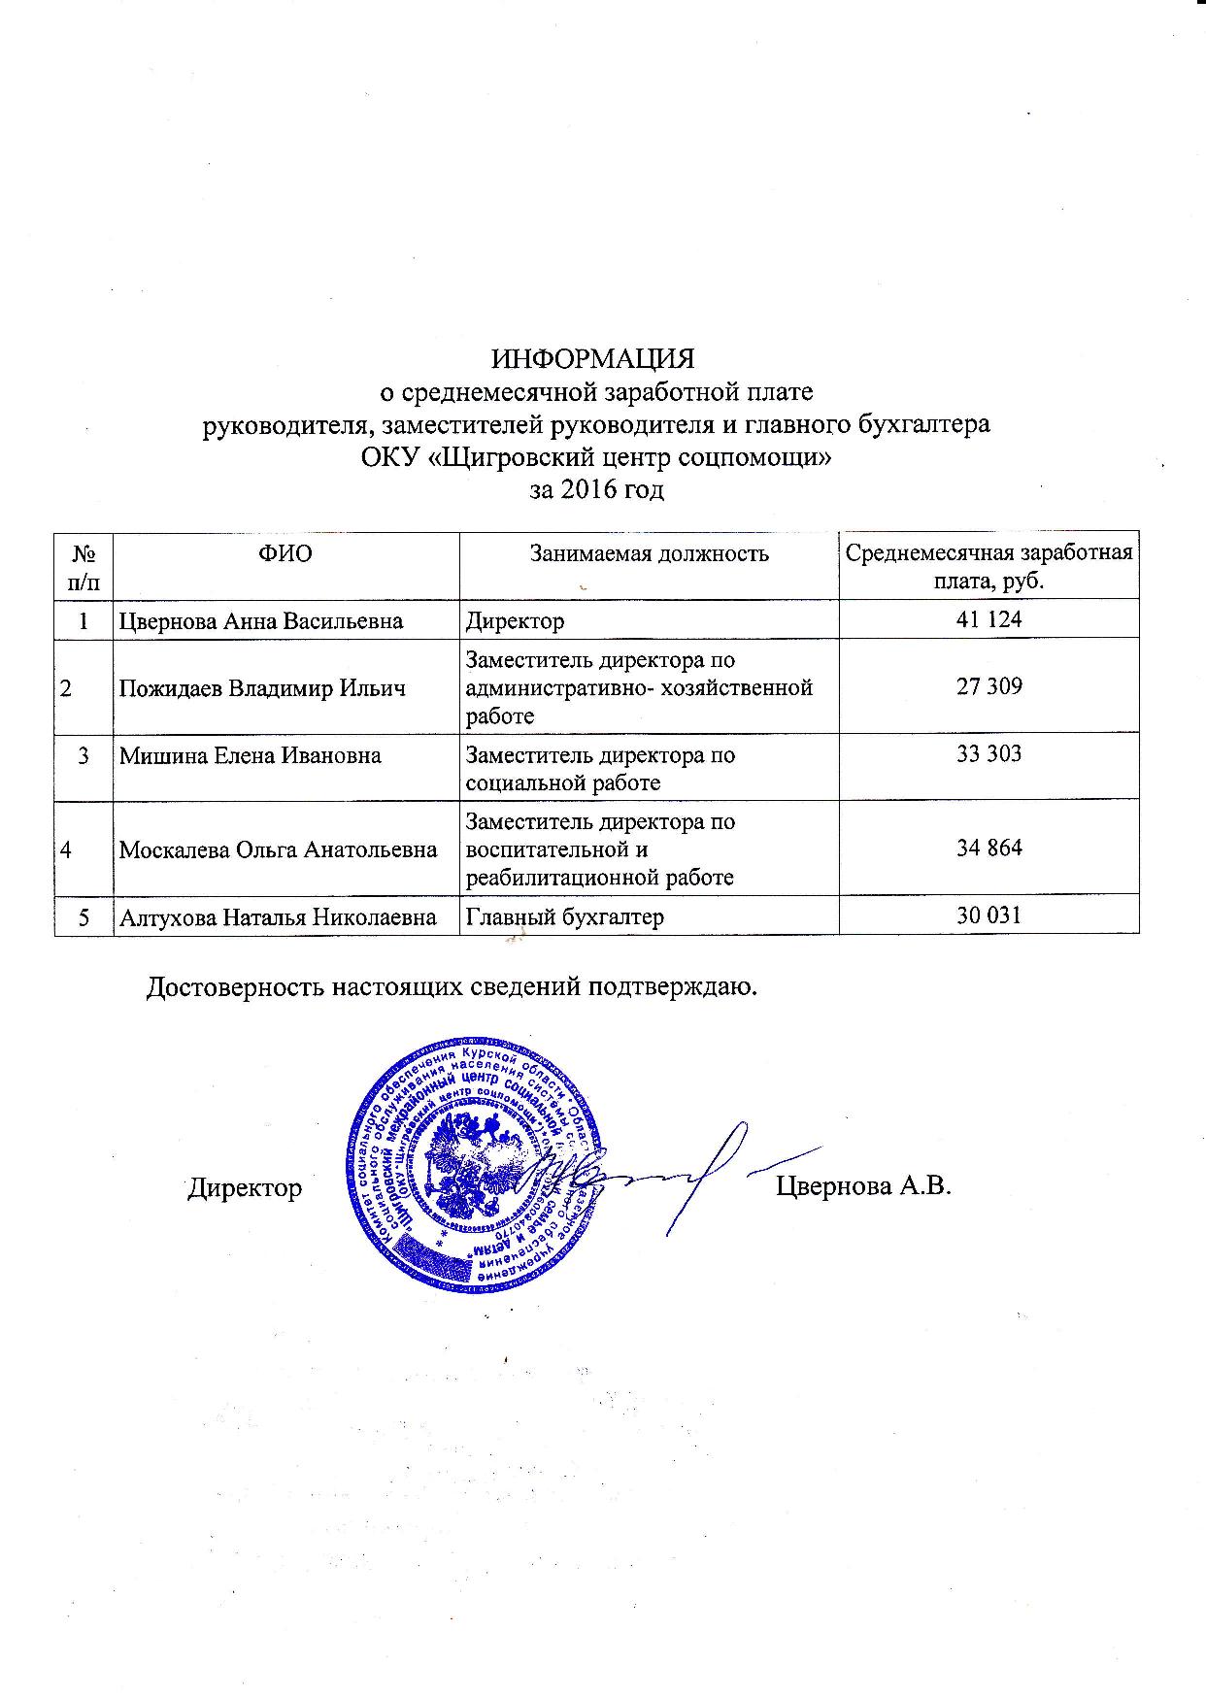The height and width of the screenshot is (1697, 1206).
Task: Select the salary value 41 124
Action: (988, 619)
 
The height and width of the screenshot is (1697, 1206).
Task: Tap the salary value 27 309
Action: (988, 686)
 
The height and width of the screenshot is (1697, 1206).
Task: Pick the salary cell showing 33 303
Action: (988, 754)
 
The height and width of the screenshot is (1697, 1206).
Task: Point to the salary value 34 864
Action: (988, 848)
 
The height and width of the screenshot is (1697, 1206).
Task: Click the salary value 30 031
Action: (988, 915)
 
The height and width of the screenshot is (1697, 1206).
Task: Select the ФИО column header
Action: (285, 554)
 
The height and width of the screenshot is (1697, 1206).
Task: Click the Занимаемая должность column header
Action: (649, 554)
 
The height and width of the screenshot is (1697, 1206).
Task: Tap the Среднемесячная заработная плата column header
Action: (988, 566)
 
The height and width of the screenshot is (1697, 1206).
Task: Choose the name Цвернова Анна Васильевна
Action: (260, 620)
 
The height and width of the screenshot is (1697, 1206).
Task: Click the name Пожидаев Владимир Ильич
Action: (261, 688)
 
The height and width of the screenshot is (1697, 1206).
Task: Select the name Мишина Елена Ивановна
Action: (250, 755)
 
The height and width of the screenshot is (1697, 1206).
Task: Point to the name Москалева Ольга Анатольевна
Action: (278, 850)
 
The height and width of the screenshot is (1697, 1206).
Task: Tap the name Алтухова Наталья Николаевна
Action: (278, 916)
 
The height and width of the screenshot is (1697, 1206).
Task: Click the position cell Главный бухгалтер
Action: (565, 916)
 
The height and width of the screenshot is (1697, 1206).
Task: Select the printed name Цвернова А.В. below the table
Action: (862, 1187)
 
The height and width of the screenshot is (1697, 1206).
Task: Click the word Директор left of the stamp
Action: (245, 1188)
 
